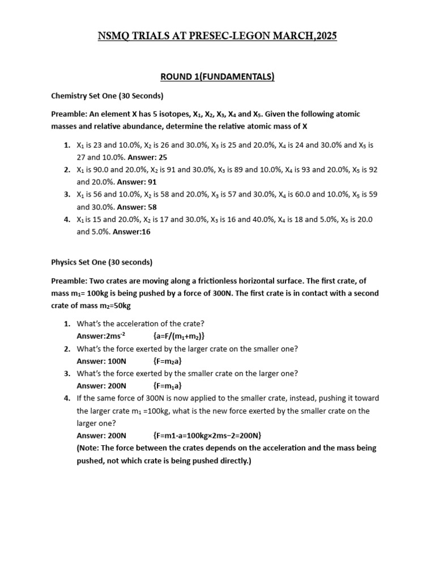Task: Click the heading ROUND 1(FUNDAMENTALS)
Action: [217, 77]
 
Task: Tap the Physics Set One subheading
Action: [101, 262]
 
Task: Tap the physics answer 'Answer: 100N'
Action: [101, 361]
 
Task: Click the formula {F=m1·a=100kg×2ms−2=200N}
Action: [207, 435]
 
